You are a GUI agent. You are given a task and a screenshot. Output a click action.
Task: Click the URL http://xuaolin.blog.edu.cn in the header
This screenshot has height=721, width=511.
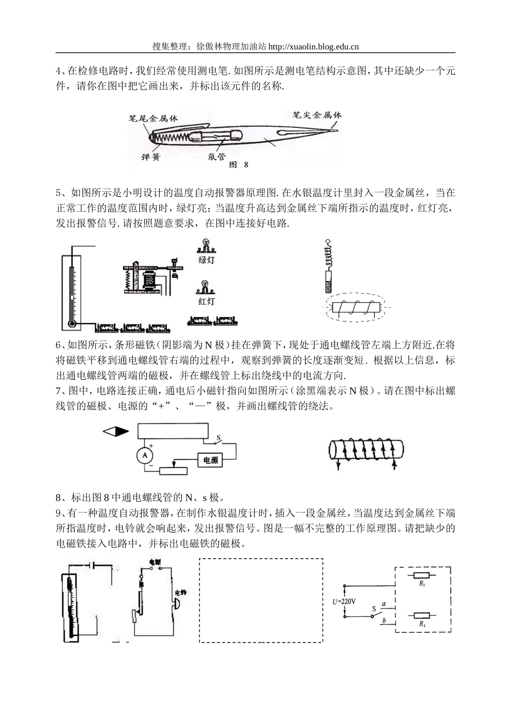pyautogui.click(x=313, y=46)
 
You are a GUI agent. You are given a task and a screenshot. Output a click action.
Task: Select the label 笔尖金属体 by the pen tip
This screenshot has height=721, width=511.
pyautogui.click(x=317, y=115)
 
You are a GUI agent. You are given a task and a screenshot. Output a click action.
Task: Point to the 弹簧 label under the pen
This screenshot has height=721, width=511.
pyautogui.click(x=151, y=157)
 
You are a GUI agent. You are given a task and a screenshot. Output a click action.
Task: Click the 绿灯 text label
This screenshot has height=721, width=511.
pyautogui.click(x=207, y=260)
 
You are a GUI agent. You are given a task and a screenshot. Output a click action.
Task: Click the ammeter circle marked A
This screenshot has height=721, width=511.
pyautogui.click(x=144, y=456)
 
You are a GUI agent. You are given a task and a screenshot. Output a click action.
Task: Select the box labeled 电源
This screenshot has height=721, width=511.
pyautogui.click(x=210, y=460)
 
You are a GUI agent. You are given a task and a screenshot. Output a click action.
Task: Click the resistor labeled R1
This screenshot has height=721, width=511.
pyautogui.click(x=422, y=575)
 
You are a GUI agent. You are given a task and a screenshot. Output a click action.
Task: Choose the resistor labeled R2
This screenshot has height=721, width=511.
pyautogui.click(x=422, y=616)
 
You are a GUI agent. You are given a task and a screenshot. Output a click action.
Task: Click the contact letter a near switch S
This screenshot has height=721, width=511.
pyautogui.click(x=384, y=604)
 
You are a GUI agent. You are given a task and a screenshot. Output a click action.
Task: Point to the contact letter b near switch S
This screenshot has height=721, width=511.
pyautogui.click(x=384, y=621)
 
